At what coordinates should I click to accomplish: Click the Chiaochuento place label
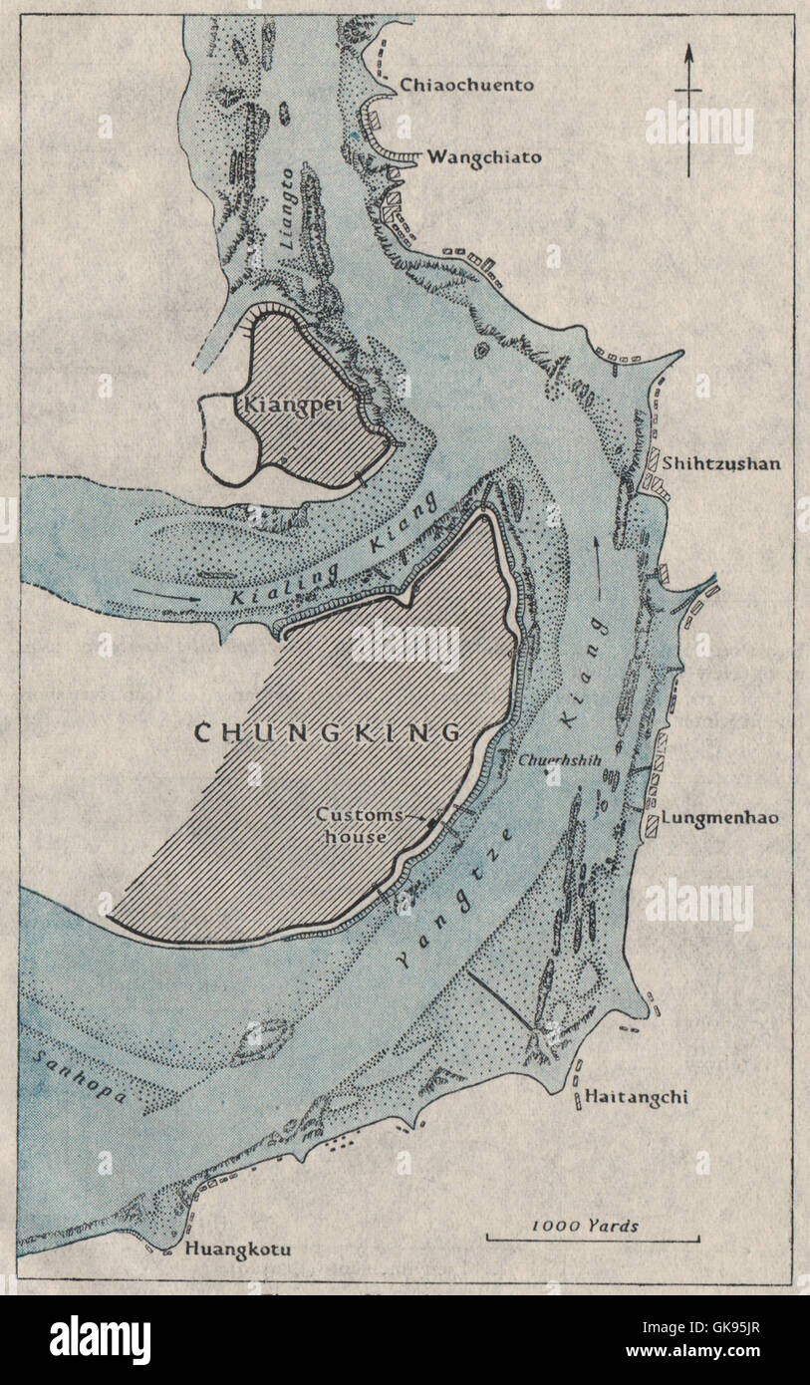click(466, 85)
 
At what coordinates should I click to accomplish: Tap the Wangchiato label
click(484, 156)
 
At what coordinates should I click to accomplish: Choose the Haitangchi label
click(636, 1097)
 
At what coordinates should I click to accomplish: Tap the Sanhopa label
click(78, 1077)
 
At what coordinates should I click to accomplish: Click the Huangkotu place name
click(238, 1247)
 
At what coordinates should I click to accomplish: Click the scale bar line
click(592, 1240)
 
